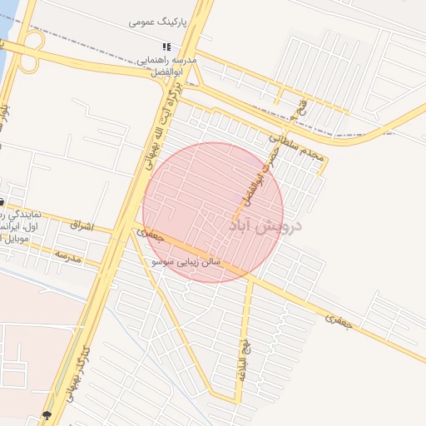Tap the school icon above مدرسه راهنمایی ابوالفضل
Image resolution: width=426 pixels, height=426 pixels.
(x=166, y=47)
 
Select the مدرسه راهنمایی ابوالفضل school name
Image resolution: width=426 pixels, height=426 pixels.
(x=167, y=67)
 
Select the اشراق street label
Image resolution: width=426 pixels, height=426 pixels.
(x=82, y=225)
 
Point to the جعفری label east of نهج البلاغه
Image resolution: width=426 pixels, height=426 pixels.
(x=339, y=318)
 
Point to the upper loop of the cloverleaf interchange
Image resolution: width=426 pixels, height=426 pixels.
(x=33, y=40)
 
